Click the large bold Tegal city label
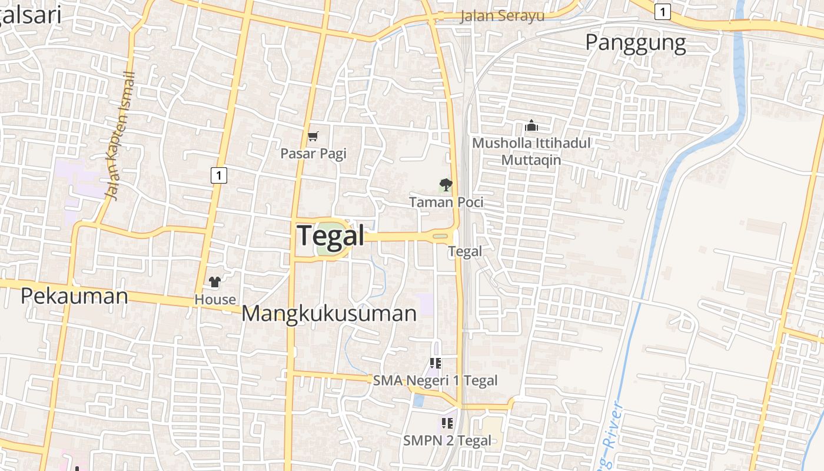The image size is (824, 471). pyautogui.click(x=331, y=235)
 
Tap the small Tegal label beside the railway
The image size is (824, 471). pyautogui.click(x=465, y=251)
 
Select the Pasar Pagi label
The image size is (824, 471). pyautogui.click(x=313, y=154)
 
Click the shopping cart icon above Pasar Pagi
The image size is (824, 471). pyautogui.click(x=313, y=137)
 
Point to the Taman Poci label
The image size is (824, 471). pyautogui.click(x=446, y=202)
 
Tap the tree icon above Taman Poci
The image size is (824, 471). pyautogui.click(x=446, y=185)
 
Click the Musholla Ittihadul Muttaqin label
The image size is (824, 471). pyautogui.click(x=531, y=151)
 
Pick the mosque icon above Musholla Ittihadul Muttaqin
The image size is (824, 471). pyautogui.click(x=531, y=125)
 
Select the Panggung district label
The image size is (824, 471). pyautogui.click(x=636, y=43)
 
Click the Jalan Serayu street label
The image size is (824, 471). pyautogui.click(x=502, y=16)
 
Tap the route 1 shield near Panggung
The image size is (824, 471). pyautogui.click(x=663, y=11)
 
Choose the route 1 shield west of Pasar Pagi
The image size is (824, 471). pyautogui.click(x=218, y=175)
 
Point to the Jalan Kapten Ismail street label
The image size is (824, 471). pyautogui.click(x=120, y=135)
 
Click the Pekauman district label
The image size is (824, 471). pyautogui.click(x=74, y=296)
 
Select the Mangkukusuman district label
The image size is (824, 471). pyautogui.click(x=329, y=313)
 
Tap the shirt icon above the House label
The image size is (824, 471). pyautogui.click(x=215, y=282)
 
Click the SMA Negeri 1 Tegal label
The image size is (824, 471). pyautogui.click(x=435, y=380)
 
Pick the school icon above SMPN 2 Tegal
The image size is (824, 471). pyautogui.click(x=447, y=423)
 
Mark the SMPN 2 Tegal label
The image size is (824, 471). pyautogui.click(x=447, y=440)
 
